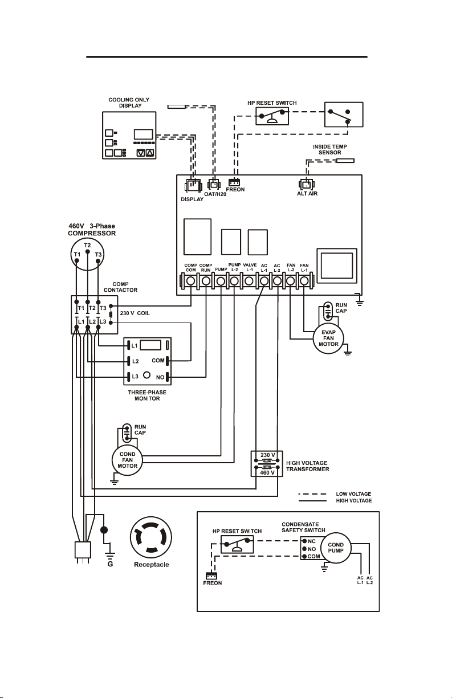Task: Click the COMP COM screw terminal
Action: point(190,281)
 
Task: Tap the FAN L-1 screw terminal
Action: point(304,281)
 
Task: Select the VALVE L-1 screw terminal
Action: point(249,281)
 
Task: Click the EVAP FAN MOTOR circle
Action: point(328,338)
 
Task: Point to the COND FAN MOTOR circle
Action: point(127,460)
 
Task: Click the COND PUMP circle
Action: point(336,548)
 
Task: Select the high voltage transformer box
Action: point(267,464)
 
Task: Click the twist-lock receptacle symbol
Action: point(151,537)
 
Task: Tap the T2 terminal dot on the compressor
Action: point(88,251)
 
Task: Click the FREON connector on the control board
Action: point(234,182)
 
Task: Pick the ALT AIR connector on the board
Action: point(307,185)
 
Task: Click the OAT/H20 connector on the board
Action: point(214,185)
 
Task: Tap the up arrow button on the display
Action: point(150,153)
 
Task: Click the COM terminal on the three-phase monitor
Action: point(168,361)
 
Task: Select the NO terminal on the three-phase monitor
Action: point(168,377)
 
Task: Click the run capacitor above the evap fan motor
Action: point(328,311)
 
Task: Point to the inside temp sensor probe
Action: point(345,161)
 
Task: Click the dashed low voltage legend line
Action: point(312,494)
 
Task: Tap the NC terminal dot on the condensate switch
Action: point(304,541)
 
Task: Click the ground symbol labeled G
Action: point(111,556)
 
